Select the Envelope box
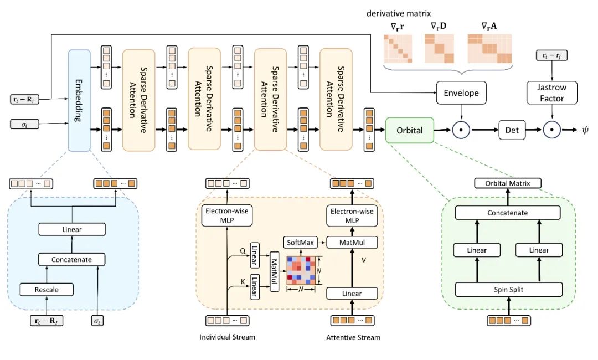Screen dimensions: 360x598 point(461,92)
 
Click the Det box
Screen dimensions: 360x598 point(512,130)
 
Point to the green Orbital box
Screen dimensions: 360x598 point(409,130)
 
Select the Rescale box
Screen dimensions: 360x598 point(47,289)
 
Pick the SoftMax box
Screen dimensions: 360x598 point(300,242)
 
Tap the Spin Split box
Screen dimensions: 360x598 point(509,289)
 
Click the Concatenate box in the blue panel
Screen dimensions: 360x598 point(73,259)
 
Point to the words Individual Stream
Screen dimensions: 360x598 point(227,337)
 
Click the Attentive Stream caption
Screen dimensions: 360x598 point(352,337)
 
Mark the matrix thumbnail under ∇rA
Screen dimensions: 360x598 point(489,49)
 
